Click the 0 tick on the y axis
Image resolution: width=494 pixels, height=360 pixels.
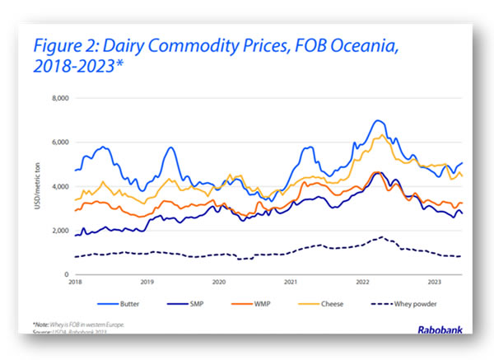[x=68, y=275]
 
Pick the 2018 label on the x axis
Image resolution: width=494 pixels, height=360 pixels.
[x=75, y=283]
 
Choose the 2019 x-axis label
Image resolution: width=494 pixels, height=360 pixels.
[x=147, y=283]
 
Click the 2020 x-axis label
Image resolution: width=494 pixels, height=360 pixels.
[x=219, y=283]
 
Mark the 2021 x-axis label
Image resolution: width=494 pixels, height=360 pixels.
[x=291, y=283]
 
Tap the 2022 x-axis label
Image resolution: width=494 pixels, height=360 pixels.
[x=363, y=283]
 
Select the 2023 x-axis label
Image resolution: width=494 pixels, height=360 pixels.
[x=435, y=283]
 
